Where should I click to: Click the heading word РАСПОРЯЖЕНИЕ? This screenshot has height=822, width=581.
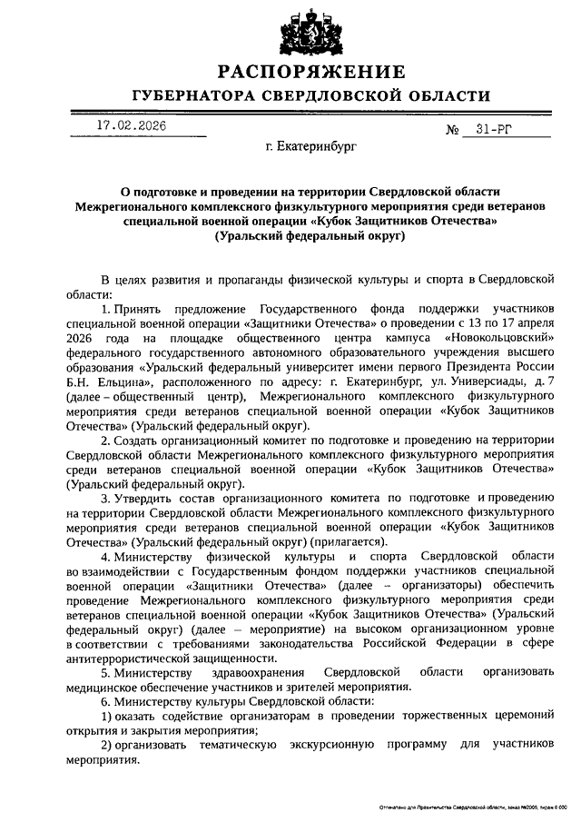[311, 72]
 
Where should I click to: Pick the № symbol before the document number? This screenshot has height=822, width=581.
[454, 130]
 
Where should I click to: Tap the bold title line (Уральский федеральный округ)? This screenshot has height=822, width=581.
[311, 236]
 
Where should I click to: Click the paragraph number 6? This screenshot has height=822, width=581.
[105, 703]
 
